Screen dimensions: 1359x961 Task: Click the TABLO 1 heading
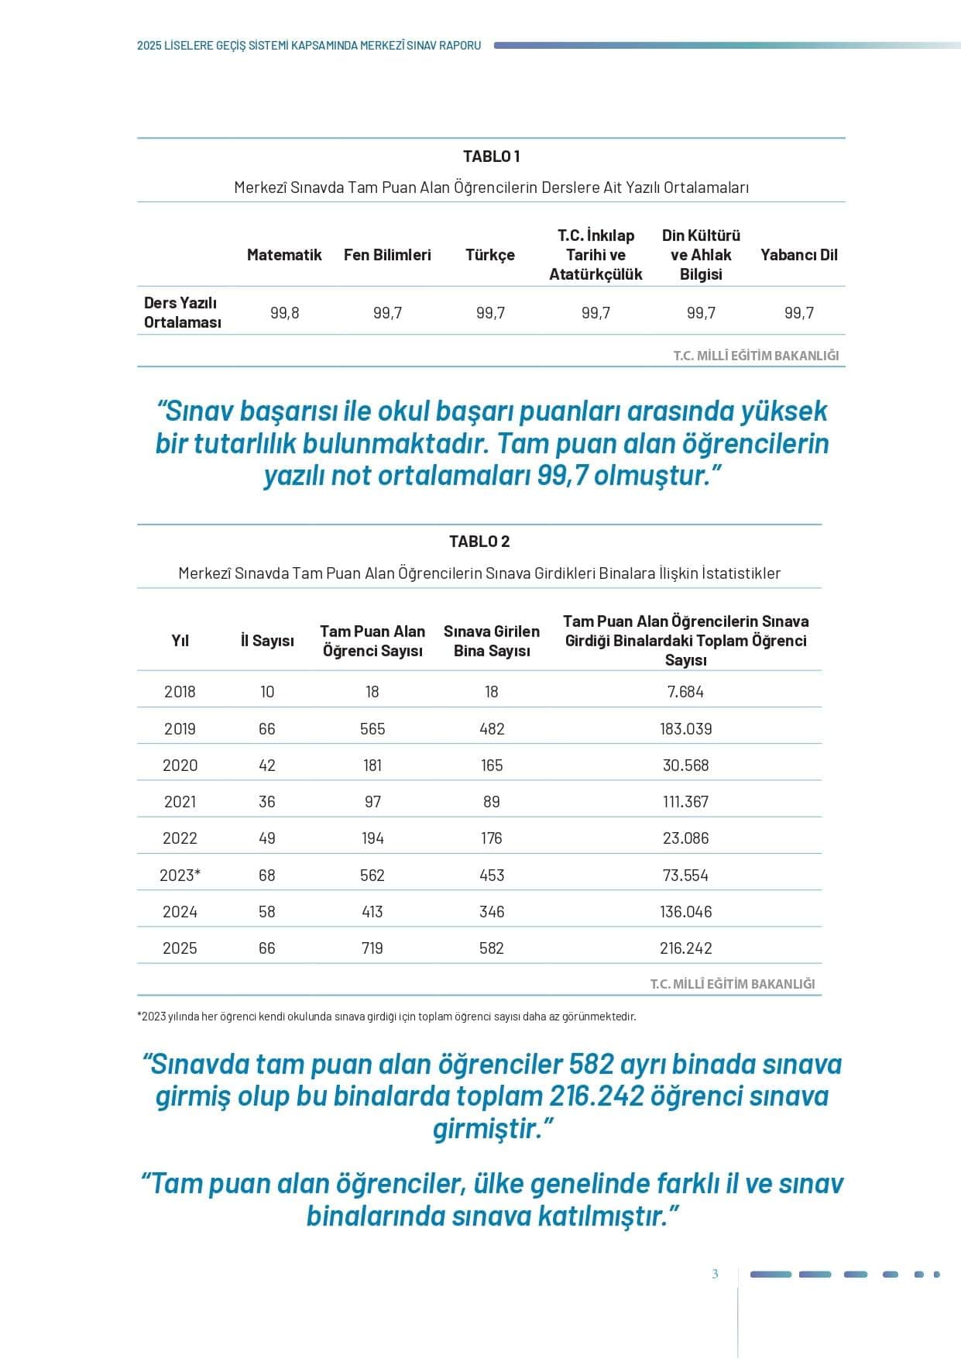pos(491,157)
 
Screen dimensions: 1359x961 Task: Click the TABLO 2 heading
pos(479,542)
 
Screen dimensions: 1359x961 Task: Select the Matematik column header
pos(284,255)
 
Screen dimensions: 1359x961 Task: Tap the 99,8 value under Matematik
pos(284,313)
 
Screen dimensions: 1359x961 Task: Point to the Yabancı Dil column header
pos(798,255)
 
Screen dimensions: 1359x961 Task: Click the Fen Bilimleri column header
pos(387,255)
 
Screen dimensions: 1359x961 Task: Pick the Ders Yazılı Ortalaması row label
pos(183,313)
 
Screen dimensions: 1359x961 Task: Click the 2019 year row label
pos(180,729)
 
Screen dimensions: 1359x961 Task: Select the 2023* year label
pos(180,876)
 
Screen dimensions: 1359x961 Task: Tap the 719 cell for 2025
pos(372,948)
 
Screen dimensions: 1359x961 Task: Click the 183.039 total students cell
pos(685,729)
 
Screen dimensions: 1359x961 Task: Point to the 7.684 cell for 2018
pos(685,692)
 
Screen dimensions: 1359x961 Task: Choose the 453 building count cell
pos(492,876)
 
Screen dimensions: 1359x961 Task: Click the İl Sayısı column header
pos(267,641)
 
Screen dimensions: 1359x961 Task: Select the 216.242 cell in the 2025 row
pos(685,948)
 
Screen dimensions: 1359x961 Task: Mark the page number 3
pos(715,1274)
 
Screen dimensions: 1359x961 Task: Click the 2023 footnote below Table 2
pos(386,1017)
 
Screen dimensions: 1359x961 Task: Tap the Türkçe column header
pos(490,255)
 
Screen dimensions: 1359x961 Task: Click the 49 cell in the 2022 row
pos(267,838)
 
